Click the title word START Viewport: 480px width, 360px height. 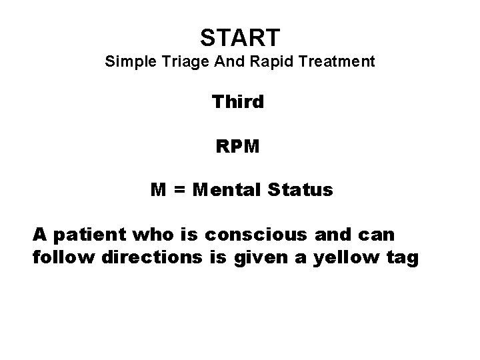point(240,35)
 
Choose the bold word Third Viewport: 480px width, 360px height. point(239,102)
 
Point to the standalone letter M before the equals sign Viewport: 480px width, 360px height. point(158,190)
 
